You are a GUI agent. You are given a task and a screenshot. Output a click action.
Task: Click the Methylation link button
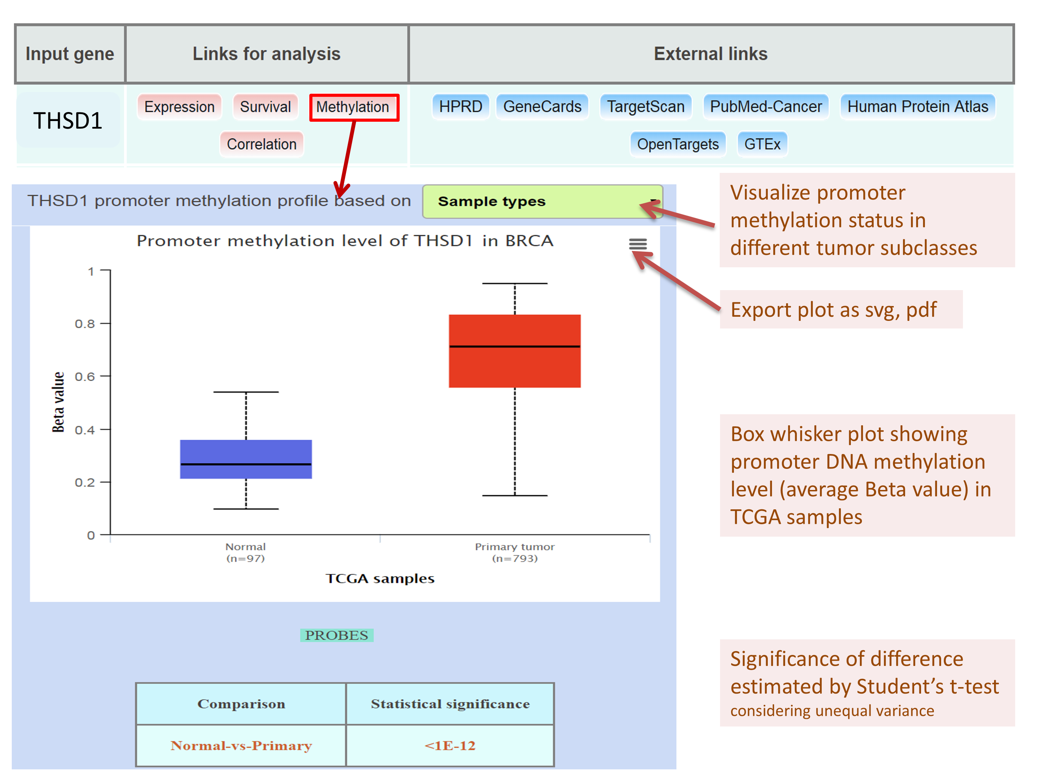point(353,107)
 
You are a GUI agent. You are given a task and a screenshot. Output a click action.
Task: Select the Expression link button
point(179,107)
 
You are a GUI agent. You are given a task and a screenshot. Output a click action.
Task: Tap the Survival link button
point(265,107)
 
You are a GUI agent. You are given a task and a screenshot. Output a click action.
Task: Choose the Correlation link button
point(261,144)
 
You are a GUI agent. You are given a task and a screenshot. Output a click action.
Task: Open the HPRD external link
point(460,107)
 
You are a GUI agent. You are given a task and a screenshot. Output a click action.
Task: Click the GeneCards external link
point(542,107)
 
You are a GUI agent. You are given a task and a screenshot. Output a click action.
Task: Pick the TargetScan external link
point(645,107)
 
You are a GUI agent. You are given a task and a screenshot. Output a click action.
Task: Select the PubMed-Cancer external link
point(766,107)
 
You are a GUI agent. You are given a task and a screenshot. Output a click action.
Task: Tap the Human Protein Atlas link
point(917,107)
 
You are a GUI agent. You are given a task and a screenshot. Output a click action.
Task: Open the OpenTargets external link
point(677,144)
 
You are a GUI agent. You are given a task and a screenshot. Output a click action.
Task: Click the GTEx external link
point(762,144)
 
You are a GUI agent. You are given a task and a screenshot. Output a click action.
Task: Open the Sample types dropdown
point(542,202)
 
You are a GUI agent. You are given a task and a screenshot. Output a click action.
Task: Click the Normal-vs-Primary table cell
point(241,745)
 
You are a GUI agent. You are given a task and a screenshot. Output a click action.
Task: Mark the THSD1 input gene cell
point(68,121)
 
